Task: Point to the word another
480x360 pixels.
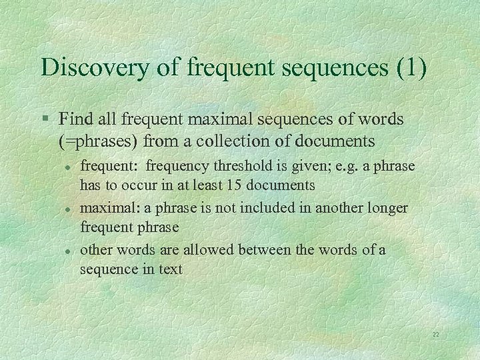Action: coord(315,208)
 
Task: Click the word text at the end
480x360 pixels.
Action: coord(170,270)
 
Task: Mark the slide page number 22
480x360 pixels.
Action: coord(435,334)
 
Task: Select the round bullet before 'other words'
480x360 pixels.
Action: coord(69,251)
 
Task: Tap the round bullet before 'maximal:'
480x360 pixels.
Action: coord(69,209)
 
